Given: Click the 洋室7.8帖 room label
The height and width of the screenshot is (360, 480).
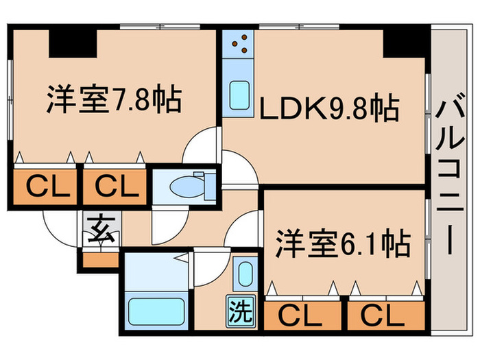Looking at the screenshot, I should (x=114, y=101).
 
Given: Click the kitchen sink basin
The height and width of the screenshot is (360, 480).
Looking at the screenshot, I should (x=239, y=93).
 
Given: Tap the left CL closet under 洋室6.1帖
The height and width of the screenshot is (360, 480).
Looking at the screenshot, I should (x=302, y=316).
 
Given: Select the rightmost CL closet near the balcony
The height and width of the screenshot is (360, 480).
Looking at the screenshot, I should (x=385, y=316).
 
